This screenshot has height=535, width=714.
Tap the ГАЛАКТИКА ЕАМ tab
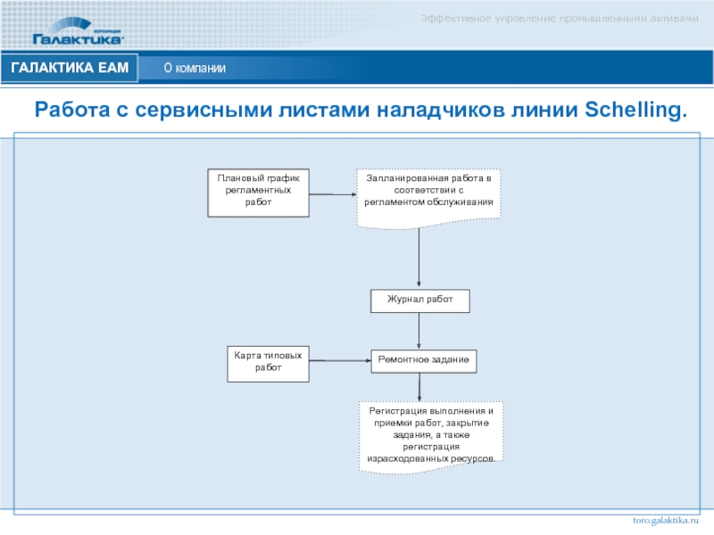[71, 68]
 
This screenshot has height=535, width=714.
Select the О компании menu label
[195, 69]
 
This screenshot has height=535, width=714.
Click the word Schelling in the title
[636, 111]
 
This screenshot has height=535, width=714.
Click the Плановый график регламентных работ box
[259, 193]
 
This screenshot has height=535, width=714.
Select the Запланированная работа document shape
[429, 194]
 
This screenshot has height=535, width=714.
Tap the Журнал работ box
[420, 301]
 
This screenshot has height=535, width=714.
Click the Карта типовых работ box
[268, 361]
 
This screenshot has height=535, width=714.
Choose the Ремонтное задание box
[424, 361]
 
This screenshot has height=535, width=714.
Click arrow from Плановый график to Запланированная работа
[333, 193]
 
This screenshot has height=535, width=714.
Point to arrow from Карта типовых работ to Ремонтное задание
[339, 361]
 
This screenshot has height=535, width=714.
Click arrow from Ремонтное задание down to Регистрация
[419, 387]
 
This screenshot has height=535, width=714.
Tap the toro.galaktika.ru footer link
[666, 518]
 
